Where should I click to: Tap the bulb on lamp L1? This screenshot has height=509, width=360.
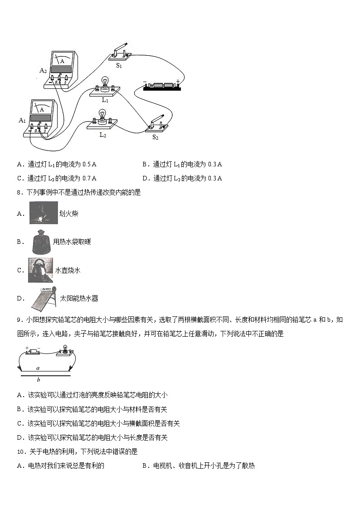pyautogui.click(x=105, y=82)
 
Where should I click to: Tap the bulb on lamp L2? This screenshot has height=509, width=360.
pyautogui.click(x=102, y=116)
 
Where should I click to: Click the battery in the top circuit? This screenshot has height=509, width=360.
pyautogui.click(x=162, y=86)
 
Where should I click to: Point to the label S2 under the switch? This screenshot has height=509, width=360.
pyautogui.click(x=155, y=137)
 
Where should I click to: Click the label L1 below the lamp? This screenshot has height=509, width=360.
pyautogui.click(x=105, y=100)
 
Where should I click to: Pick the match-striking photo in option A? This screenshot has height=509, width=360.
pyautogui.click(x=44, y=213)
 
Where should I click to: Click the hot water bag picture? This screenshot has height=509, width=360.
pyautogui.click(x=41, y=242)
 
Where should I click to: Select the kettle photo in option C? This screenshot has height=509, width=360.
pyautogui.click(x=40, y=270)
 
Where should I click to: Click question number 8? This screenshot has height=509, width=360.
pyautogui.click(x=19, y=192)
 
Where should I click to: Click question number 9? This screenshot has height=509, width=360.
pyautogui.click(x=19, y=320)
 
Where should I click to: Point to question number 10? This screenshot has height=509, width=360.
pyautogui.click(x=20, y=451)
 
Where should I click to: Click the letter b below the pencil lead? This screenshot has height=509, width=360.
pyautogui.click(x=38, y=380)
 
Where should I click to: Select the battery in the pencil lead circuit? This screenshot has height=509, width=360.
pyautogui.click(x=33, y=351)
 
